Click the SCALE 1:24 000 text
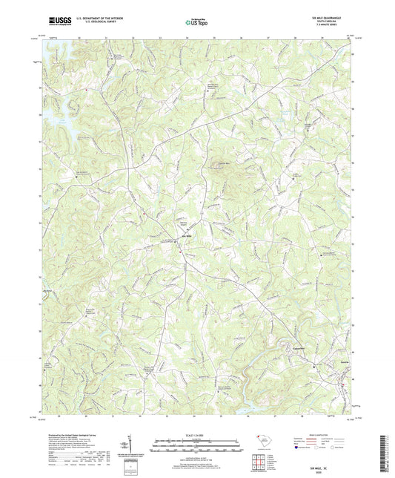click(x=197, y=435)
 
